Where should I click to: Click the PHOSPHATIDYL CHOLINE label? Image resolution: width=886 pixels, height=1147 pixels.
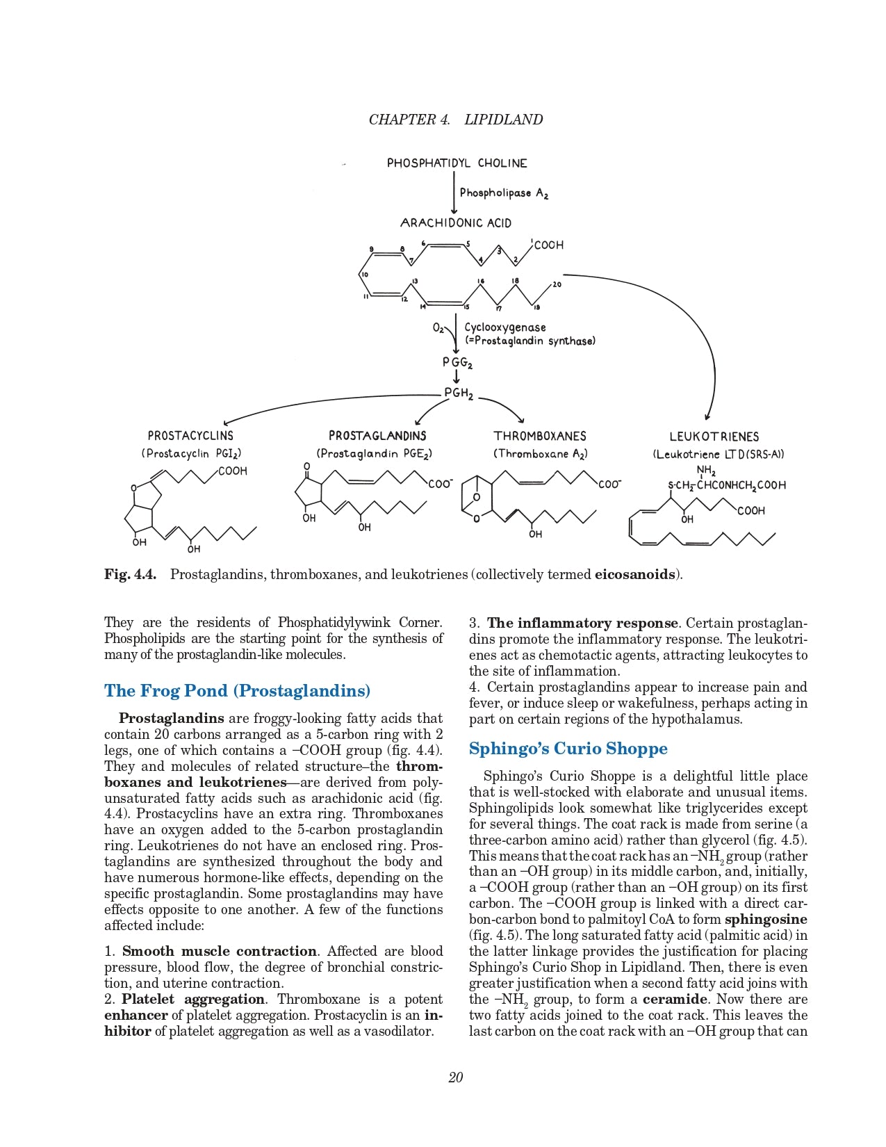[457, 163]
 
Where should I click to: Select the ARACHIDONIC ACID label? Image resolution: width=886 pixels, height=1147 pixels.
[456, 223]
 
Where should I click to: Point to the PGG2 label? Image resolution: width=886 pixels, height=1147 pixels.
[457, 362]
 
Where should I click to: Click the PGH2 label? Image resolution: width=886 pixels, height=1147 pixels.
[459, 393]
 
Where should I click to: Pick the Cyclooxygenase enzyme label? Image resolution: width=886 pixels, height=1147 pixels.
[505, 327]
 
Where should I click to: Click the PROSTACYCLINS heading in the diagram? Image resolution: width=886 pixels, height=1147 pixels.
[190, 436]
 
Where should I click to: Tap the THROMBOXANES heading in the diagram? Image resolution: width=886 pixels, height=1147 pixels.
[540, 437]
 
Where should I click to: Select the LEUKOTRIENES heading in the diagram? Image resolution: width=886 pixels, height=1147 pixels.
[714, 437]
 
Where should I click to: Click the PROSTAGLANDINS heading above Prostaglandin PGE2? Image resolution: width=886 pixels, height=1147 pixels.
[377, 436]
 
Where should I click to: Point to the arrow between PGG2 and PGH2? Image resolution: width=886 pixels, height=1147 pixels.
[457, 377]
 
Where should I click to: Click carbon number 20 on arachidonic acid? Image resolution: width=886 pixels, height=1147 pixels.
[557, 284]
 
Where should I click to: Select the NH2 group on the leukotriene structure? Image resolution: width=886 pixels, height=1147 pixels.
[706, 471]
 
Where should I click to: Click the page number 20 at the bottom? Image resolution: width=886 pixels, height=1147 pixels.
[456, 1077]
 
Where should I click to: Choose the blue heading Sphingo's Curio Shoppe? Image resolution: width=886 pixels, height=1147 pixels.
[568, 749]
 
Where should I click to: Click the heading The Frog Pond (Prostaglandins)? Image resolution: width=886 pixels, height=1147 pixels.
[237, 691]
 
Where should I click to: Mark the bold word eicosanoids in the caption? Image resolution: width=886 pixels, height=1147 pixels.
[635, 575]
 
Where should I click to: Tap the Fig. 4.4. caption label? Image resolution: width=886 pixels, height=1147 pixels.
[130, 575]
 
